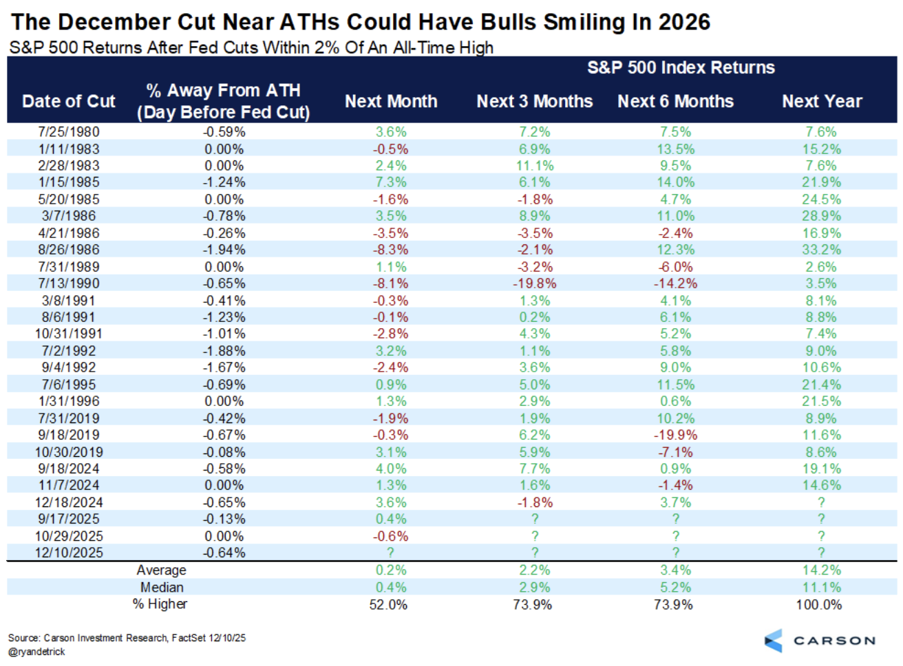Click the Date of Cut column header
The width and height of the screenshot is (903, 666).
69,101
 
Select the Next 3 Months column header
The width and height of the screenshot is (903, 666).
534,101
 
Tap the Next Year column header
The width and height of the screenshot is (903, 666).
821,101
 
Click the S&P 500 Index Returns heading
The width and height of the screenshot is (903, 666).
680,67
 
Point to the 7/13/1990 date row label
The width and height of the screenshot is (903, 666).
69,283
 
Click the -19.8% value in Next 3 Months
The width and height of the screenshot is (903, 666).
534,283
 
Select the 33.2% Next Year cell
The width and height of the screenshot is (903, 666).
821,250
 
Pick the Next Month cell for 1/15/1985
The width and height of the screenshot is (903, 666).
390,182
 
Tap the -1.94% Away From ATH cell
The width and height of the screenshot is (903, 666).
224,250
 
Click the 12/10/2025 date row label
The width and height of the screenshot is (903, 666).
69,552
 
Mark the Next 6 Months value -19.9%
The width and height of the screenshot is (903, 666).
674,435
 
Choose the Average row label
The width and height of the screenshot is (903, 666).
161,570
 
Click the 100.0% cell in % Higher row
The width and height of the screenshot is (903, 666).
818,604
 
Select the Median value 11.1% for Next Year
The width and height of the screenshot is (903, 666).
821,587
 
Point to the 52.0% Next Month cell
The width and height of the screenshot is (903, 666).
388,604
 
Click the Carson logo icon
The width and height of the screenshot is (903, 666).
774,641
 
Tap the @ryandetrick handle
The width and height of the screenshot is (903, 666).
36,651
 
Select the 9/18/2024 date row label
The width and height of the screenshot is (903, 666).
69,469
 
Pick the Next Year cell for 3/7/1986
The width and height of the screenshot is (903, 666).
821,216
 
